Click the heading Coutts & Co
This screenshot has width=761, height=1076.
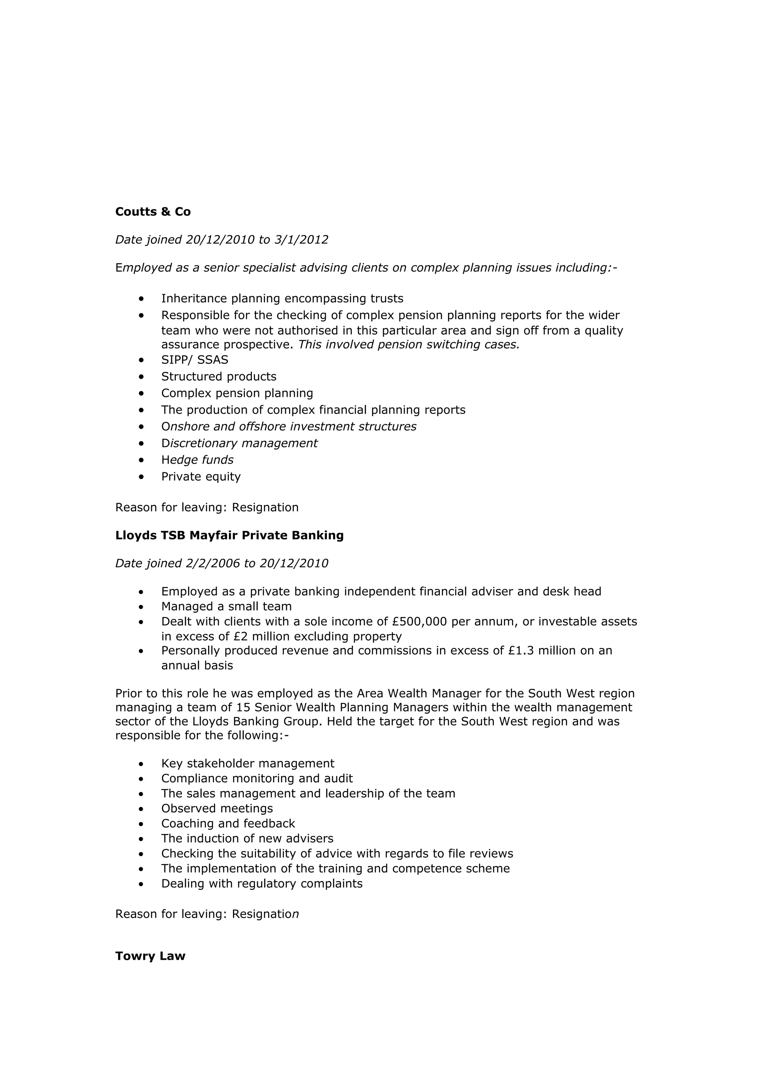153,212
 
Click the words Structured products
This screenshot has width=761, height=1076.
218,377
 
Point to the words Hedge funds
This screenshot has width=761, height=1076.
197,460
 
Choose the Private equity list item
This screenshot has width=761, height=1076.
201,477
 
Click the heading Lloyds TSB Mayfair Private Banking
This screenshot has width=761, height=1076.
229,535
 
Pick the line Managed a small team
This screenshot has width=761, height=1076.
226,606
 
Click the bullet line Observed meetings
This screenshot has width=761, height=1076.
217,808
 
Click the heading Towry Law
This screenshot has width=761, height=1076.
150,956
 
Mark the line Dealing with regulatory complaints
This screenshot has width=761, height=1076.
262,883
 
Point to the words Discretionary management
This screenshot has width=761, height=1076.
239,443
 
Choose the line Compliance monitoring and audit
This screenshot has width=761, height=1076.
257,779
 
